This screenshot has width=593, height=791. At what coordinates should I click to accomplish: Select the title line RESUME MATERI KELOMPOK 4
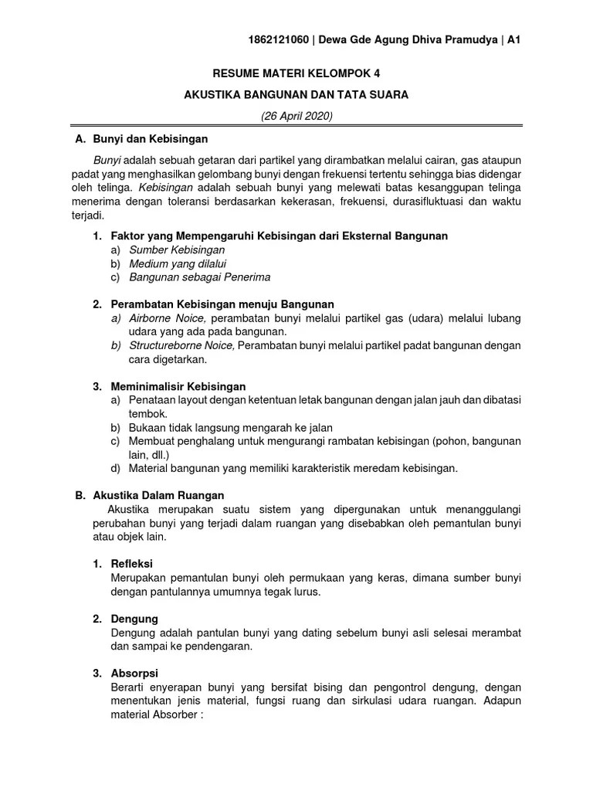[x=296, y=74]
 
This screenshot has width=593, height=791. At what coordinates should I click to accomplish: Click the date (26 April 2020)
[x=296, y=116]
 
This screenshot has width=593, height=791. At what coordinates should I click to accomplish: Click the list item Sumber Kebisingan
[x=177, y=250]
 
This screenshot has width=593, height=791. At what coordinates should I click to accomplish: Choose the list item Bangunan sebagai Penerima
[x=199, y=277]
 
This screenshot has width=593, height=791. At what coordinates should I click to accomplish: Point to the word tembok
[x=147, y=413]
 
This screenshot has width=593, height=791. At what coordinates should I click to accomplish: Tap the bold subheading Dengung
[x=134, y=619]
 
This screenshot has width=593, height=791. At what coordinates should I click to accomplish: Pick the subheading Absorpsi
[x=135, y=674]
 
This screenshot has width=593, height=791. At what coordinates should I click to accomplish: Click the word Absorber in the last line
[x=177, y=715]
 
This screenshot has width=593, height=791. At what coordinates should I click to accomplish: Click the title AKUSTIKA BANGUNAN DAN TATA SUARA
[x=296, y=95]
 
